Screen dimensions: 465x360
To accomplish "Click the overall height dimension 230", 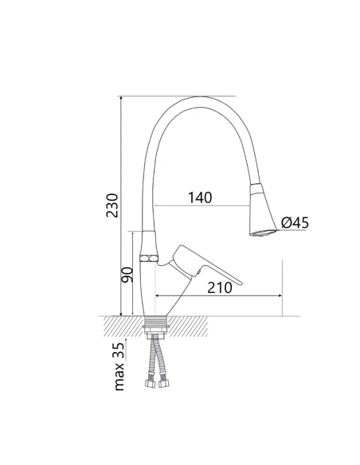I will [113, 205].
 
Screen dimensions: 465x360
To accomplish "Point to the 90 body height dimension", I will [126, 276].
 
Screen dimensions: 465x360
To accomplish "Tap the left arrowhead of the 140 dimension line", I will [158, 207].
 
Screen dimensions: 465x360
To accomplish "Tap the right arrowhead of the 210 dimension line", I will [280, 297].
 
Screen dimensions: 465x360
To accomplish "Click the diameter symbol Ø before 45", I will [285, 224].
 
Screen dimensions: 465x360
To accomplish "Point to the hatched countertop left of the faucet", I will [119, 324].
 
